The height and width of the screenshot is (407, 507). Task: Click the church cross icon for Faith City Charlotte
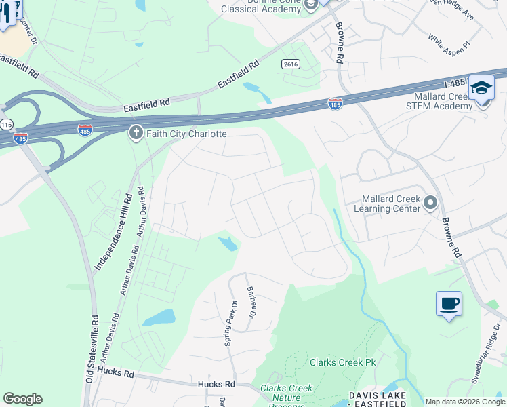135,133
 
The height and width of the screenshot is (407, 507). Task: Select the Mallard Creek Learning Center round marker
430,202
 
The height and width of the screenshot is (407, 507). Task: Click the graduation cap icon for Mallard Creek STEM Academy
481,89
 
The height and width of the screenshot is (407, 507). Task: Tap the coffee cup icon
449,303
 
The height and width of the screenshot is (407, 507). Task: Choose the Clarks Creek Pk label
342,362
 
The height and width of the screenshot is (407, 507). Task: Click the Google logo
22,399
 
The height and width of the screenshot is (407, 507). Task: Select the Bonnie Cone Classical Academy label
264,7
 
